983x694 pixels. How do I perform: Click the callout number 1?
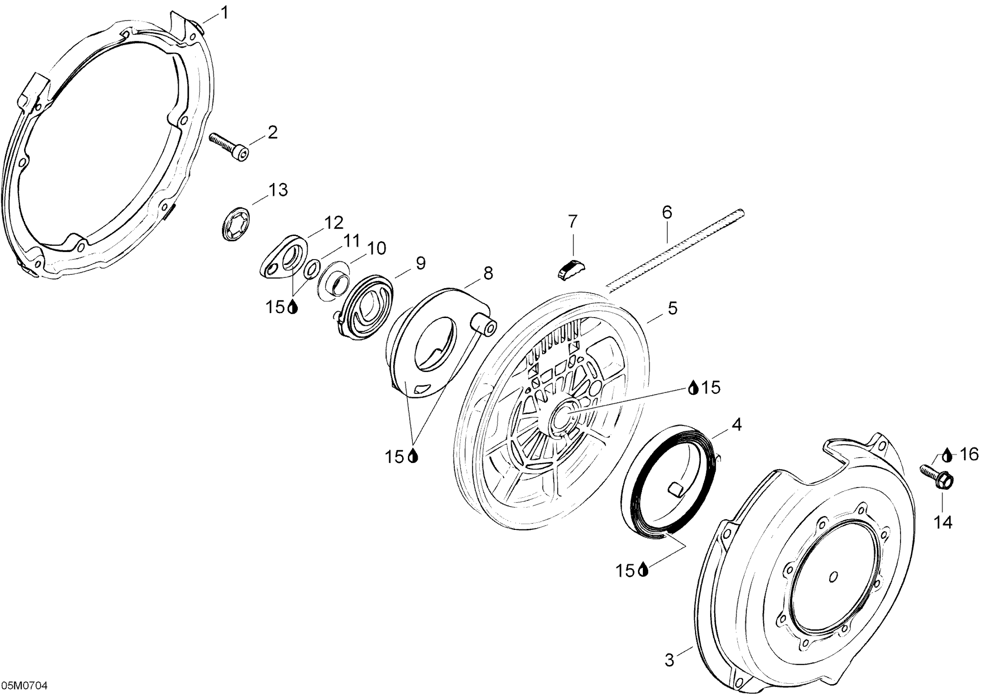coord(224,13)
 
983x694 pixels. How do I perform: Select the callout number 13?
coord(278,190)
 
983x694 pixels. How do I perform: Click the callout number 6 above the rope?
coord(667,212)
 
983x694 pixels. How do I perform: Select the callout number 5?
coord(673,308)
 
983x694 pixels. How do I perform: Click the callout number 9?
coord(421,263)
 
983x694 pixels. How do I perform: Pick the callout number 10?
coord(377,248)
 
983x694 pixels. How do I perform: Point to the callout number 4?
coord(736,425)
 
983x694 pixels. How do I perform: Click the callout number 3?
coord(669,660)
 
